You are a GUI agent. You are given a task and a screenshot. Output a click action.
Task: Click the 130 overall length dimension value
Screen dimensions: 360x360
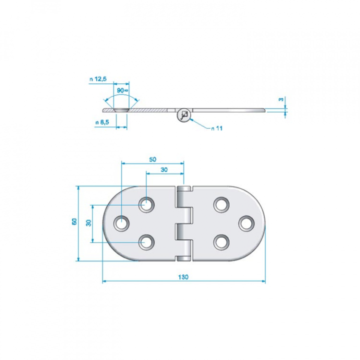183,277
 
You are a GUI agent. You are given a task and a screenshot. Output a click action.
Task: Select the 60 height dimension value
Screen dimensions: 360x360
74,221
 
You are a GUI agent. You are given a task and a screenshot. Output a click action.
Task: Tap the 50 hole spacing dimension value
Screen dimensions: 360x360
152,159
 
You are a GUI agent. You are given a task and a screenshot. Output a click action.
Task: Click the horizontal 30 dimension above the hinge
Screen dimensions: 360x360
164,169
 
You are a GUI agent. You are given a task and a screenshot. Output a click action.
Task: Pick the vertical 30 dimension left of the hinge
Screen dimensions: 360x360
88,222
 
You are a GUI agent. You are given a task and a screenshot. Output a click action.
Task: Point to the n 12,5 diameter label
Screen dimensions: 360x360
98,79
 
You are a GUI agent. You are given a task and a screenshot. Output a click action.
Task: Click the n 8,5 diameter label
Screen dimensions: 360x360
102,122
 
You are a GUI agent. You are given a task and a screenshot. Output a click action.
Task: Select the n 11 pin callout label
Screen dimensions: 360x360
217,128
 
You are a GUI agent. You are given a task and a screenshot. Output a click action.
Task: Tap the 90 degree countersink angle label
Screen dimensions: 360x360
122,90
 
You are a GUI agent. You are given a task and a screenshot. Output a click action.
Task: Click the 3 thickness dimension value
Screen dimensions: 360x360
281,99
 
